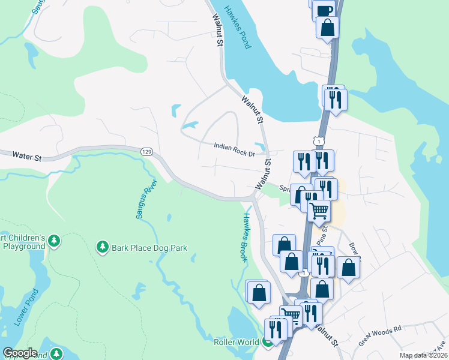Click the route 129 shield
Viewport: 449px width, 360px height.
(x=146, y=151)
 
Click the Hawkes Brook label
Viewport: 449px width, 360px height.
(x=245, y=237)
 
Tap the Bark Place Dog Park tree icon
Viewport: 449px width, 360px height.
(x=103, y=247)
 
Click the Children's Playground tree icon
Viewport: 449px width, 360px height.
(x=54, y=241)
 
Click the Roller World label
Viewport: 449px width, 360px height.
(x=235, y=342)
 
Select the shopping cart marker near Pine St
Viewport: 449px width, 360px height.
(x=319, y=211)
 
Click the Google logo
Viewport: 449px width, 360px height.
(x=20, y=353)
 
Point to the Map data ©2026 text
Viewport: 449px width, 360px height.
(x=423, y=355)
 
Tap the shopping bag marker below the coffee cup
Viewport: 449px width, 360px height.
(x=327, y=28)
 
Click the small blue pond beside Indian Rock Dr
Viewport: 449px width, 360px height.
(x=260, y=146)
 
